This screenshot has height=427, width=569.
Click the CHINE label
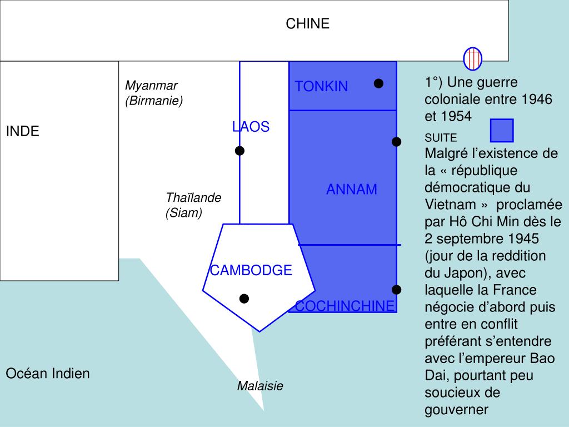point(307,23)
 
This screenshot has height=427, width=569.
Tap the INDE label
point(22,131)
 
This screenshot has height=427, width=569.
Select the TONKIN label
point(321,86)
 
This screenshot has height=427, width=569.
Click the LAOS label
point(251,127)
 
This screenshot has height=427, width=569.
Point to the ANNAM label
point(351,190)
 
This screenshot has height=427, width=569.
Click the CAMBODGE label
point(251,270)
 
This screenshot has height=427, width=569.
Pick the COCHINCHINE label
point(345,306)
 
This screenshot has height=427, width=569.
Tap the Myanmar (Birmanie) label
point(153,93)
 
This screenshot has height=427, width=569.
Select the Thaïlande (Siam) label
point(193,205)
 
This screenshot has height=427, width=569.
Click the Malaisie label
point(260,386)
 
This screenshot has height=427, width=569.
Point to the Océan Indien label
point(47,373)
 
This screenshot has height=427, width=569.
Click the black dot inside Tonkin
point(378,83)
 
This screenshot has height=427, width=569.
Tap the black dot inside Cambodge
point(244,299)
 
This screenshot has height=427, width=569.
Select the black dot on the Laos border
point(239,151)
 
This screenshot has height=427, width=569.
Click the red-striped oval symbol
point(472,58)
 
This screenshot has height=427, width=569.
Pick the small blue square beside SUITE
point(502,131)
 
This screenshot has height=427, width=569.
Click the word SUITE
point(441,138)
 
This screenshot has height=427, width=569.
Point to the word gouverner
point(456,410)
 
